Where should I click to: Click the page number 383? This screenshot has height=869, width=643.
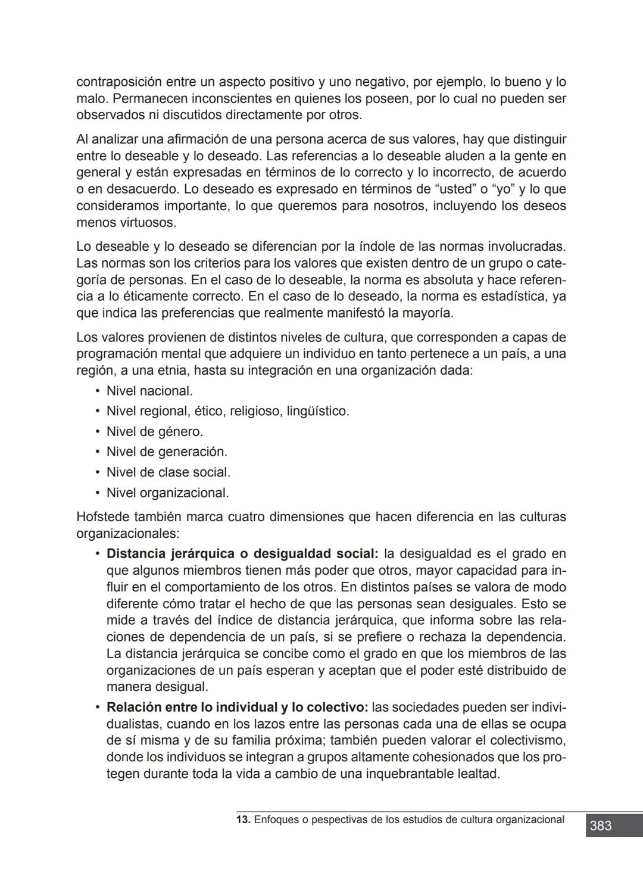[x=601, y=826]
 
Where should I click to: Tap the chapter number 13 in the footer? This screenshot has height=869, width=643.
[x=242, y=820]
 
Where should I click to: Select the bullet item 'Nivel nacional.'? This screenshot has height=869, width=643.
[x=149, y=391]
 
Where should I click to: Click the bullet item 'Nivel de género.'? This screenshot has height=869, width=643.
[x=154, y=432]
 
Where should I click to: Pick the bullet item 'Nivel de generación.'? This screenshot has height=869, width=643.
[x=167, y=452]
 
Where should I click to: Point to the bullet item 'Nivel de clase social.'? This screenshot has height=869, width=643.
[x=168, y=472]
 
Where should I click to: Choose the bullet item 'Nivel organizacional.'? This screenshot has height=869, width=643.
[x=167, y=493]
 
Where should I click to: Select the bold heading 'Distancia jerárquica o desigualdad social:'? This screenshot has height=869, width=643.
[x=242, y=554]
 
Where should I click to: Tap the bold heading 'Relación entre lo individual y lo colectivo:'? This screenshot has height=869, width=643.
[x=237, y=708]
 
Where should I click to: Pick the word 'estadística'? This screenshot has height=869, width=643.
[x=513, y=297]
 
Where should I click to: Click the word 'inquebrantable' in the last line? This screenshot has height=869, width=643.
[x=405, y=774]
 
